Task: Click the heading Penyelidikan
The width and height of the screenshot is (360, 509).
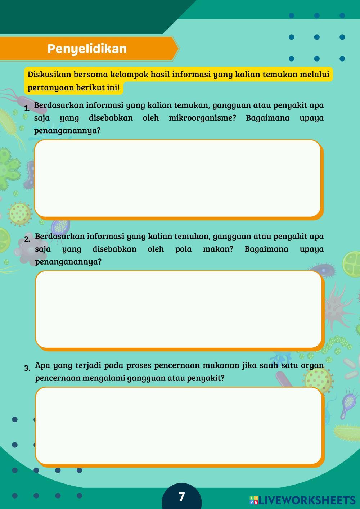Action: [87, 49]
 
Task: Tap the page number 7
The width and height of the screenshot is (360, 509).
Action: [181, 497]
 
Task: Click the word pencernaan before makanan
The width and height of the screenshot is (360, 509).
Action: [176, 366]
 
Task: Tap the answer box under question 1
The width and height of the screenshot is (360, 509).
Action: [177, 178]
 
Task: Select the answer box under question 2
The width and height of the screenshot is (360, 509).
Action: [178, 309]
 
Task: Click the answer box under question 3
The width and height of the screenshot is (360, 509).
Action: [178, 425]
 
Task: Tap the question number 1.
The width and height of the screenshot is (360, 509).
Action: [27, 108]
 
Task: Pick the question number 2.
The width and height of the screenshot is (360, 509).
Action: [27, 239]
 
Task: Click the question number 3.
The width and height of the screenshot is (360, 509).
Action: [27, 368]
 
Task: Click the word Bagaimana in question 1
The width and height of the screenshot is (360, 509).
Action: [267, 118]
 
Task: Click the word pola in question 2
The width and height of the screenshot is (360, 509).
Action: [183, 249]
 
